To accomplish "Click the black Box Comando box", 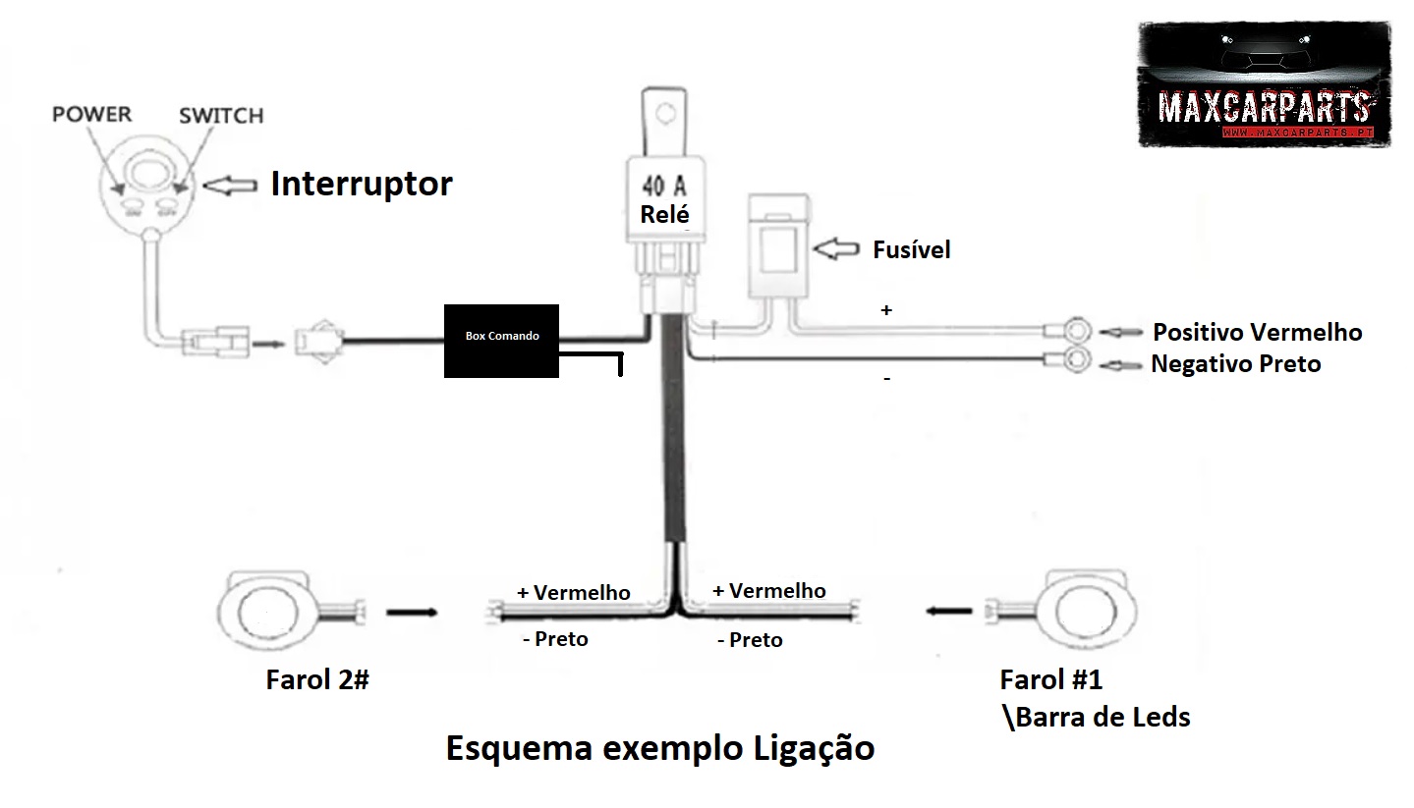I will click(503, 340).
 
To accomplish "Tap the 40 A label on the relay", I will click(665, 186).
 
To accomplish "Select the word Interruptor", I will click(362, 184).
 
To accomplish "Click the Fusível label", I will click(911, 249).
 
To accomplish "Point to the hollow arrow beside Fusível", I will click(835, 248).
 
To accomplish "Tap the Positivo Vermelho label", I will click(1257, 332).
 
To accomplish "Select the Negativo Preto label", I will click(1235, 364).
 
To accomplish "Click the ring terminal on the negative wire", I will click(1077, 360).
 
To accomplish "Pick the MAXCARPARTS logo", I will click(1264, 85).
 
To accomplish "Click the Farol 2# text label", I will click(316, 679).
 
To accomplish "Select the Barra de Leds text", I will click(1103, 717).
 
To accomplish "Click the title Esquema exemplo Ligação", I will click(660, 748).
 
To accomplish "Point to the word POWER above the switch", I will click(91, 114).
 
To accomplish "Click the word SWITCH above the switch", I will click(221, 116).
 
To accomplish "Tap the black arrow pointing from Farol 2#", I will click(412, 613).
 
